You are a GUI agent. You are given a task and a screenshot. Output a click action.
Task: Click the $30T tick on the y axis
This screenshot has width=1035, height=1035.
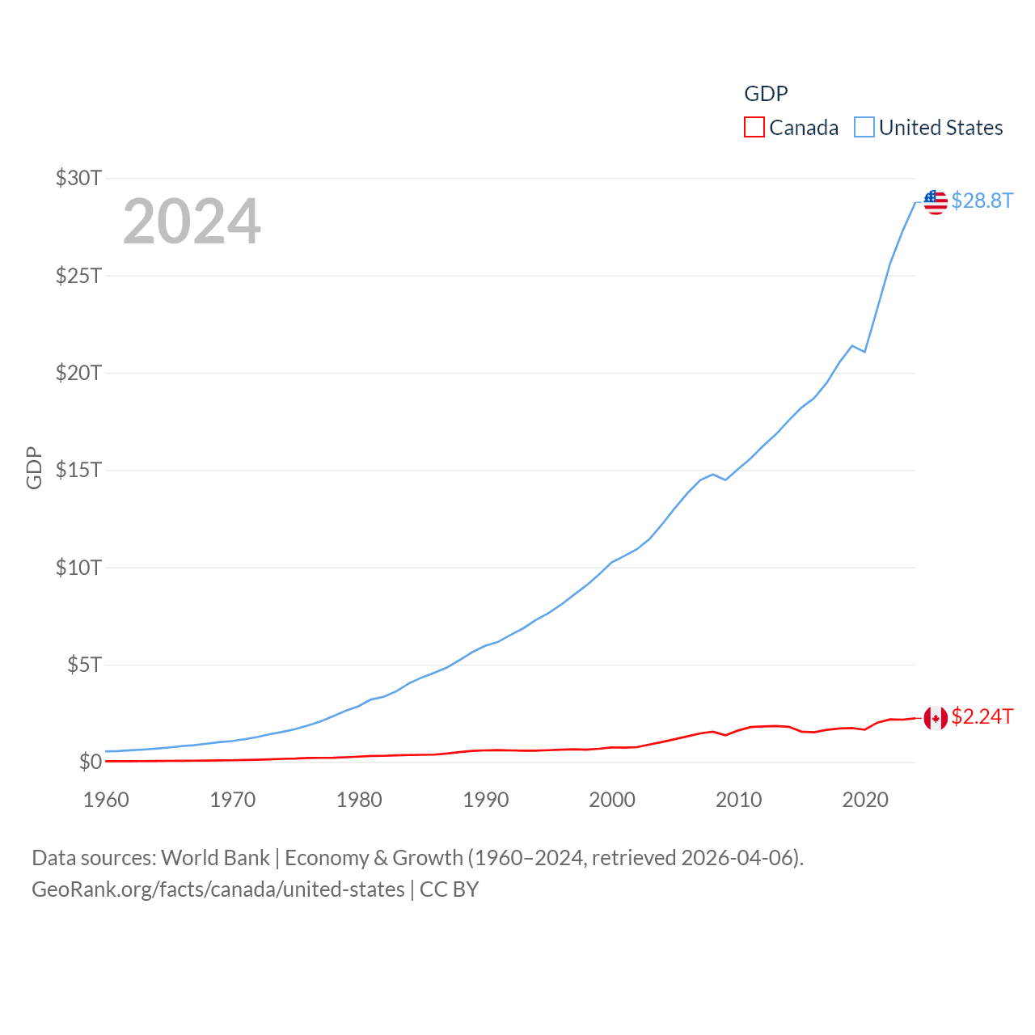pyautogui.click(x=78, y=178)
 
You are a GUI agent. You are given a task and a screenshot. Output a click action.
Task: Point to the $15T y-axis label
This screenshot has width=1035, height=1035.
pyautogui.click(x=78, y=470)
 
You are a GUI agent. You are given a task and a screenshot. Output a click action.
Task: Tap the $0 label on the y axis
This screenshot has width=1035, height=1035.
pyautogui.click(x=90, y=762)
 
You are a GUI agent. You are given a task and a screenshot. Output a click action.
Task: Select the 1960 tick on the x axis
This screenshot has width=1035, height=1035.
pyautogui.click(x=106, y=800)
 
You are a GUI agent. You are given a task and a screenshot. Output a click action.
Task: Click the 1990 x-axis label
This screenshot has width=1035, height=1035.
pyautogui.click(x=485, y=800)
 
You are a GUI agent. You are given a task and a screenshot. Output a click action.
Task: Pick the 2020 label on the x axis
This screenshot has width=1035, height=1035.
pyautogui.click(x=865, y=800)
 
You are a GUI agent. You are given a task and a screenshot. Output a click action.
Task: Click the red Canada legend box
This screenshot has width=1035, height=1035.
pyautogui.click(x=754, y=128)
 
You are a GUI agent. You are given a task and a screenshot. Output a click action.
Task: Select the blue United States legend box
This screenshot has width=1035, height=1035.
pyautogui.click(x=864, y=128)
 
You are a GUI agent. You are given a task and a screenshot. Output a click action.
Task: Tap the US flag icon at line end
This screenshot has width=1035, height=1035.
pyautogui.click(x=936, y=202)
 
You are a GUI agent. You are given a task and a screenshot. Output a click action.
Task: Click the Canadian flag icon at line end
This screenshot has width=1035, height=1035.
pyautogui.click(x=936, y=717)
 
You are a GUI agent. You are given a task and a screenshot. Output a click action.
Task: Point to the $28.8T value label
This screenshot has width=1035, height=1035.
pyautogui.click(x=982, y=201)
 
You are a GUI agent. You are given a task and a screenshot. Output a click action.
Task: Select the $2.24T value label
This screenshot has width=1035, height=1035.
pyautogui.click(x=982, y=716)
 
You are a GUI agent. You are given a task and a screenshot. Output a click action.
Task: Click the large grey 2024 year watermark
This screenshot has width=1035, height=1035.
pyautogui.click(x=192, y=222)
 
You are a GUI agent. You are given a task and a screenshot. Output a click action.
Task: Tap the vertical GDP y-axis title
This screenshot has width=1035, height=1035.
pyautogui.click(x=34, y=467)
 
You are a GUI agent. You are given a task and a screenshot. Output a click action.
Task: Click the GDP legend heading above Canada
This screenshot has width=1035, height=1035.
pyautogui.click(x=766, y=94)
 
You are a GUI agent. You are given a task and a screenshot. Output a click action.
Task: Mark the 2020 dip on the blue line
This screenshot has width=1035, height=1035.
pyautogui.click(x=865, y=352)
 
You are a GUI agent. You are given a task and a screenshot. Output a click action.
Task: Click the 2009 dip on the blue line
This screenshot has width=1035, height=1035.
pyautogui.click(x=725, y=480)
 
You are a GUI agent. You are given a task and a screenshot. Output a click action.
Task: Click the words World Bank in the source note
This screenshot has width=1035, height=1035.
pyautogui.click(x=215, y=857)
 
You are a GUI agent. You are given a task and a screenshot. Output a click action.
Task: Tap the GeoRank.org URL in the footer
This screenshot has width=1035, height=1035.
pyautogui.click(x=218, y=889)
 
